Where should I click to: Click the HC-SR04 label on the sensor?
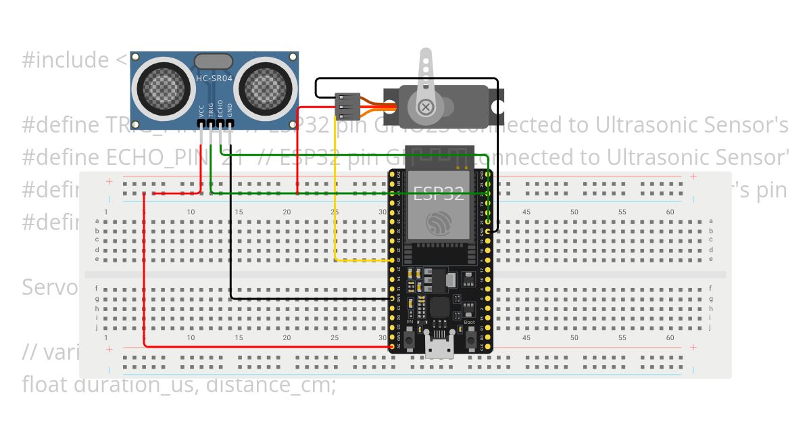(214, 78)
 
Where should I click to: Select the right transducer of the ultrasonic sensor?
(267, 85)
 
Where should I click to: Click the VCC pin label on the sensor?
(201, 111)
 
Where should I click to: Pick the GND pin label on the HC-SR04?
(230, 110)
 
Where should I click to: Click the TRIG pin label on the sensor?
(211, 110)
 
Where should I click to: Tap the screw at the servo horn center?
(426, 106)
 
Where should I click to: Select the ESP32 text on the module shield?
(439, 193)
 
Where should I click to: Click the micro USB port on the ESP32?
(439, 346)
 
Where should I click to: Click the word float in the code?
(45, 385)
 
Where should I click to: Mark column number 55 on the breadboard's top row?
(622, 212)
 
